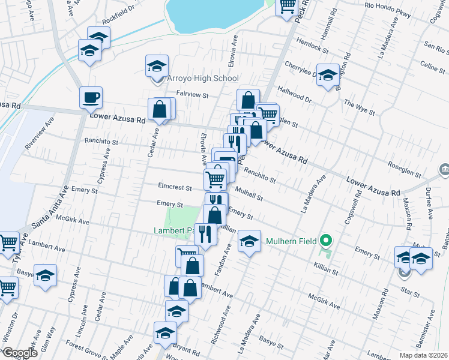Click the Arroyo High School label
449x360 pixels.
(x=194, y=79)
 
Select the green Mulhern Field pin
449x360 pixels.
(x=326, y=241)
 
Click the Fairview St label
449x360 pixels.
(x=192, y=95)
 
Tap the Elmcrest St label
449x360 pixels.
(x=174, y=188)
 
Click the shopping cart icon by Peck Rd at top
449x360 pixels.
(x=287, y=6)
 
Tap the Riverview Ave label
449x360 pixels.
(x=39, y=137)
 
